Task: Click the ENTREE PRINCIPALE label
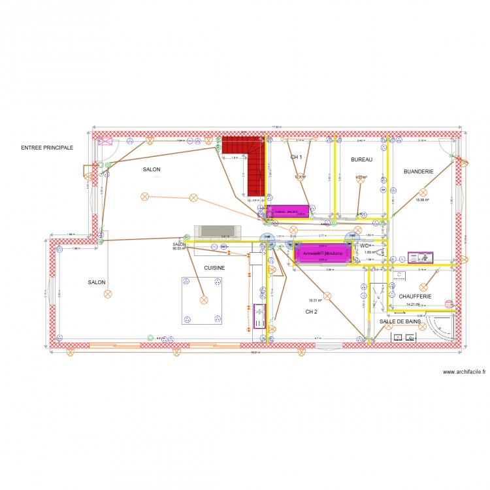[47, 148]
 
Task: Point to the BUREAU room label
[361, 159]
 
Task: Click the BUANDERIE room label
[418, 171]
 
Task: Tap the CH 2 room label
[311, 312]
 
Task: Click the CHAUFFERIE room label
[416, 296]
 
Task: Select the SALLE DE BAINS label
[400, 322]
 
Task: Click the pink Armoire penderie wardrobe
[321, 253]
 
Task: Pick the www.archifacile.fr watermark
[464, 372]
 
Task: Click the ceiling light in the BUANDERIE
[423, 192]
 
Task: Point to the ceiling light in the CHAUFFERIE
[423, 286]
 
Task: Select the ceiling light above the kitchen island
[203, 300]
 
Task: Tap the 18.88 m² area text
[422, 201]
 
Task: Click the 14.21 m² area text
[413, 304]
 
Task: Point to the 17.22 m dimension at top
[277, 127]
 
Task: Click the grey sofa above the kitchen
[218, 232]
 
